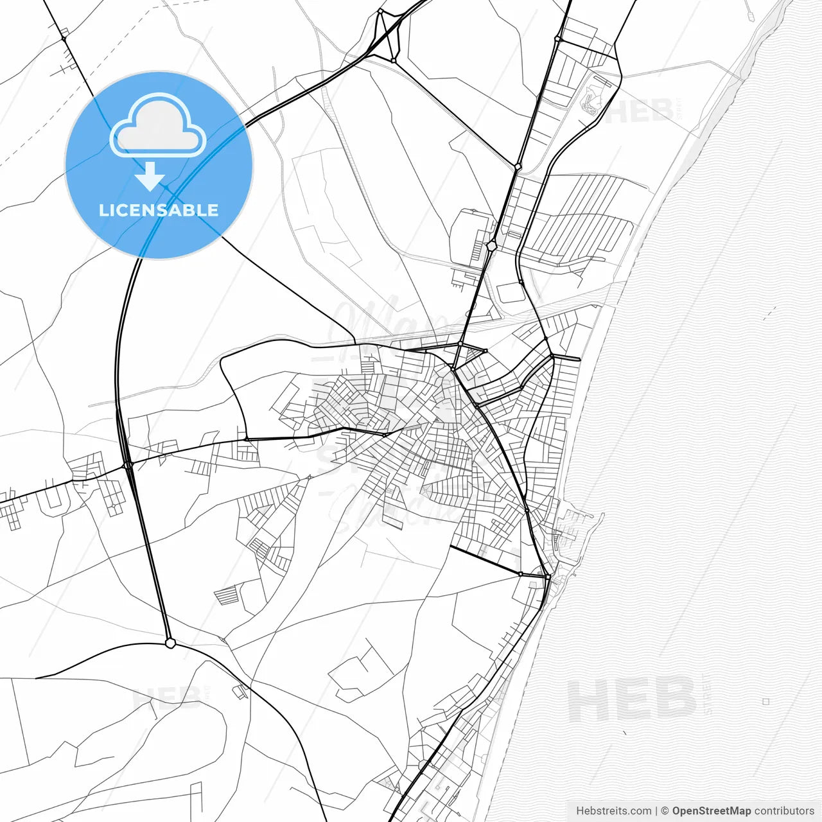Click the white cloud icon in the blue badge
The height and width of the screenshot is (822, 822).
(x=158, y=127)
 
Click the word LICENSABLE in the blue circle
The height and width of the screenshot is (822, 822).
(x=159, y=210)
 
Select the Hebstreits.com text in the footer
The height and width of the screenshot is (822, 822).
(x=614, y=811)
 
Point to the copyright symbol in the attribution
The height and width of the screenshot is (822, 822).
(x=665, y=811)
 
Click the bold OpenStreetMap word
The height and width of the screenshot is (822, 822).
(x=711, y=811)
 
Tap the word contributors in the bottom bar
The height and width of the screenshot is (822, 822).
(x=784, y=811)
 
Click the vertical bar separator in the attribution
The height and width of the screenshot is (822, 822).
(x=656, y=811)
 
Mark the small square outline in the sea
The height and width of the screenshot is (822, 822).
(x=765, y=702)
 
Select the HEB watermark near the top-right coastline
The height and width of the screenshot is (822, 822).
(x=639, y=111)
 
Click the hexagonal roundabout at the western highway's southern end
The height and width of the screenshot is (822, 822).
(x=170, y=642)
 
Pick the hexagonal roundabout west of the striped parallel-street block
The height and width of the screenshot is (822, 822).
(x=491, y=245)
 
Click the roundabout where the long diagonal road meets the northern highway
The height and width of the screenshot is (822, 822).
(x=518, y=166)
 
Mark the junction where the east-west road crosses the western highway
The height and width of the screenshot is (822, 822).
(x=128, y=464)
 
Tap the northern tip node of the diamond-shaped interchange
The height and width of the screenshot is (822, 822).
(x=380, y=11)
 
